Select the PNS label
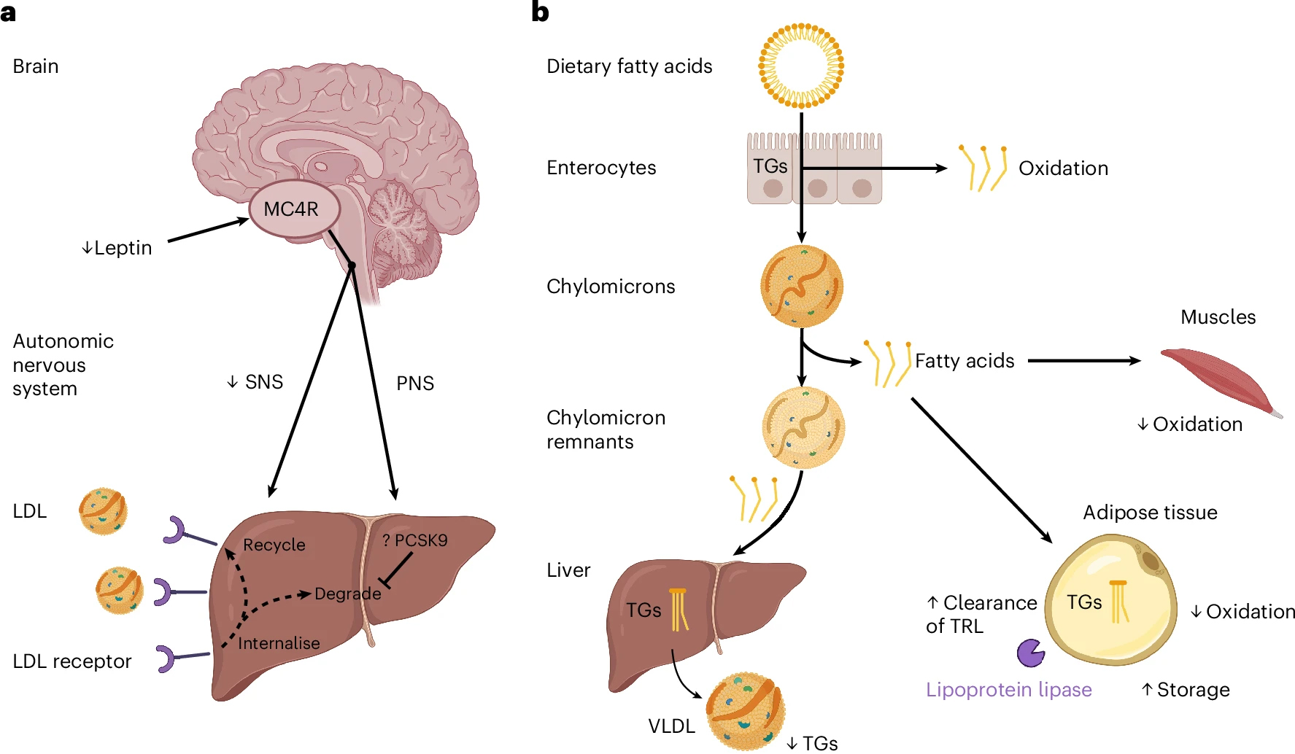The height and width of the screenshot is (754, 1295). point(414,384)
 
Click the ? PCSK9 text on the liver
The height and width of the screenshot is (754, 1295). point(414,540)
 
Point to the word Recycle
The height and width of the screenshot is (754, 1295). point(274,545)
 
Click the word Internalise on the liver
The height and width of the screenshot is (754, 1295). point(279,643)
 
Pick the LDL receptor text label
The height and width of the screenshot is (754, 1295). point(71,661)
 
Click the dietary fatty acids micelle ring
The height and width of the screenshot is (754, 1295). point(800,66)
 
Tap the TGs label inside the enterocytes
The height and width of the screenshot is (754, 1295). point(770,166)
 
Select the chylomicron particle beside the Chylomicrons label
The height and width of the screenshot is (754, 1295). point(801,286)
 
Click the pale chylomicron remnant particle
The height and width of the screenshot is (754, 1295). point(803,427)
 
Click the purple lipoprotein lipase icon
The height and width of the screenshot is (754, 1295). point(1030,653)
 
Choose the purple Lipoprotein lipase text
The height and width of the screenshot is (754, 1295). point(1008,690)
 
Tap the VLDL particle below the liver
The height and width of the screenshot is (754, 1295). point(745,710)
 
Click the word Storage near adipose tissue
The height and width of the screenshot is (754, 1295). point(1193,690)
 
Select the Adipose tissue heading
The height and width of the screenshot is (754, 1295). point(1150,513)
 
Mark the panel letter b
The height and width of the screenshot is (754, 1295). point(540,12)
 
